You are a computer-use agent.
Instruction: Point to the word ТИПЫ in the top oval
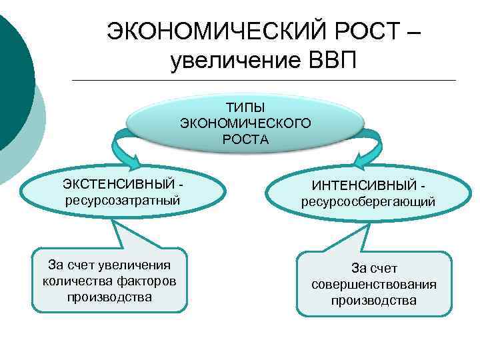tap(245, 107)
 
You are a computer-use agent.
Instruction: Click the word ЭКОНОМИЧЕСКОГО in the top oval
tap(245, 123)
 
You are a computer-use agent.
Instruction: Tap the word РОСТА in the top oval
tap(245, 139)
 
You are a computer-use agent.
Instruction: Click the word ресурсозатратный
tap(122, 199)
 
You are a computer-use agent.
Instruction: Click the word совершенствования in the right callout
tap(374, 285)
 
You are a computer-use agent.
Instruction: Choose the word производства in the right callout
tap(374, 301)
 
